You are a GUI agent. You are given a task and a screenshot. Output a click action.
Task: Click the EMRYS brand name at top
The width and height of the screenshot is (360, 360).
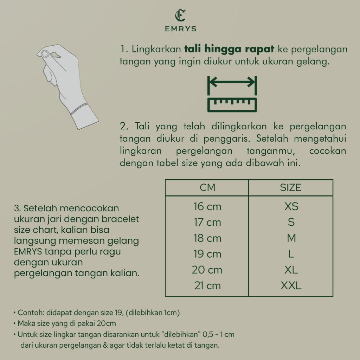[x=180, y=29]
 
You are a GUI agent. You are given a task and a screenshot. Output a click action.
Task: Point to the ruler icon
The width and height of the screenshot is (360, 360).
[x=232, y=105]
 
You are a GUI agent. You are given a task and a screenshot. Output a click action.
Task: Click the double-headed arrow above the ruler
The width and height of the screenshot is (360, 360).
[x=232, y=83]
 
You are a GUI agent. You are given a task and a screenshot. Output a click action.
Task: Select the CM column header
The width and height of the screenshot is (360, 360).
[x=207, y=188]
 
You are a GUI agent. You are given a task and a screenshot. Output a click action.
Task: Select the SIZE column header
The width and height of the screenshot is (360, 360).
[x=290, y=188]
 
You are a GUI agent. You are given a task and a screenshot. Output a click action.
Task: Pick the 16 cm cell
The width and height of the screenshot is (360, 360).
[x=207, y=206]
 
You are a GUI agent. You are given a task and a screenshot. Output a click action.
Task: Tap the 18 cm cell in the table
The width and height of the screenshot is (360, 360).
[x=207, y=238]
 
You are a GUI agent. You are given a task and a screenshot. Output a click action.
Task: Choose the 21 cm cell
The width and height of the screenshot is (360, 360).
[x=207, y=285]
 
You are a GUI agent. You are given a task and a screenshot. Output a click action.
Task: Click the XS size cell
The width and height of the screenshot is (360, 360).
[x=291, y=206]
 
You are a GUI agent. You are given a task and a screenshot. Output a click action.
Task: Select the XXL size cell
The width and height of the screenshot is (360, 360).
[x=291, y=285]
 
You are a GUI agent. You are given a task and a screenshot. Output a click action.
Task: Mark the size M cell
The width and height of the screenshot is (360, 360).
[x=291, y=238]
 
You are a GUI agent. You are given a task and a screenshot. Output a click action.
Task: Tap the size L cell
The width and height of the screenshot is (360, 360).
[x=291, y=254]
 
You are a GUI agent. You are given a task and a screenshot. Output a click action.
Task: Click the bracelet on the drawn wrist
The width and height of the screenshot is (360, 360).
[x=79, y=108]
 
